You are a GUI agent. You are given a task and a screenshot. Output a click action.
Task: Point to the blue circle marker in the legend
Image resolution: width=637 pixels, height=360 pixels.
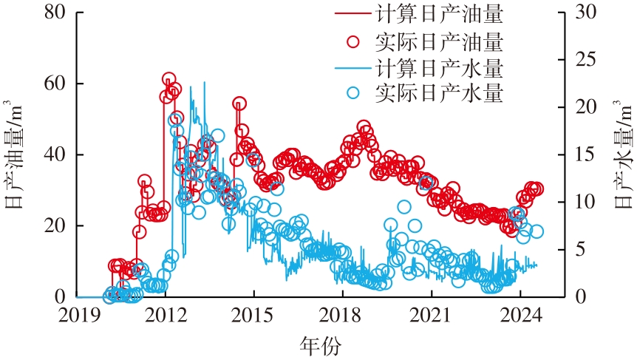352,94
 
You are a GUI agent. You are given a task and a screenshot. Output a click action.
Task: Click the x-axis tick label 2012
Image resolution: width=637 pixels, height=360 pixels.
166,313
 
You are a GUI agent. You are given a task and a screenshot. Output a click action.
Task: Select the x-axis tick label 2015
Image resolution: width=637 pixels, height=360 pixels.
253,313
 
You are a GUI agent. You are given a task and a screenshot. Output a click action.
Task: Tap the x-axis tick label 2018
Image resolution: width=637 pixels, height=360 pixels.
341,313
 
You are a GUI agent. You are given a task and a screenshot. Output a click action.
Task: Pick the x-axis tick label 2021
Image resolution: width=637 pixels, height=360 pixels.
431,313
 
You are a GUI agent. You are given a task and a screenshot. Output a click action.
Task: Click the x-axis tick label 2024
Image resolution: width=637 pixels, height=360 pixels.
520,313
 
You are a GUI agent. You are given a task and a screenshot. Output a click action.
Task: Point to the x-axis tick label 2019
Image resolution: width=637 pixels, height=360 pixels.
78,313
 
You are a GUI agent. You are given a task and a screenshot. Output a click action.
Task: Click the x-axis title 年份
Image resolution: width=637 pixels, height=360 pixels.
321,344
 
